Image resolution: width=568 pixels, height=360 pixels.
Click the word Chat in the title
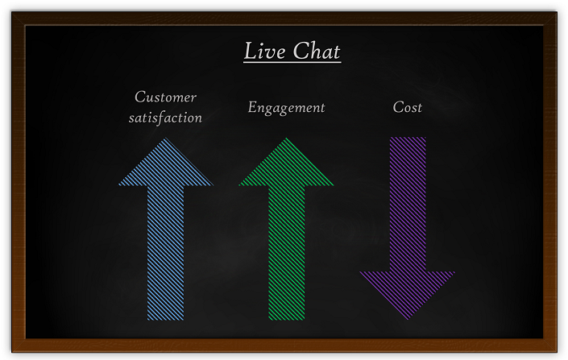[317, 51]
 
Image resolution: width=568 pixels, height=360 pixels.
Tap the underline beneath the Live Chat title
[292, 62]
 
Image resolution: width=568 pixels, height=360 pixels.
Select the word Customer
[165, 97]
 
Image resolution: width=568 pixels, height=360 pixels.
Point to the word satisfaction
[165, 118]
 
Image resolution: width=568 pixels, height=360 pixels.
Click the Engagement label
[287, 108]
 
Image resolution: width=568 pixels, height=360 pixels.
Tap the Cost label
[408, 107]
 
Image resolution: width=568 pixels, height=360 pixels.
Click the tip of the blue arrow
[165, 138]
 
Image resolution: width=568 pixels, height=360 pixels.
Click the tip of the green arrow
[287, 138]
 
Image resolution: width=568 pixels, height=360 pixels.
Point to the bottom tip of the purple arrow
[408, 320]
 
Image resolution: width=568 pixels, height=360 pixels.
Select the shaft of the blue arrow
[165, 253]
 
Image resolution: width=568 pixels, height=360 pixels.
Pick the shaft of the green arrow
[287, 253]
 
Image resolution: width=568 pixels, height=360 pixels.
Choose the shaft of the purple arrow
[408, 205]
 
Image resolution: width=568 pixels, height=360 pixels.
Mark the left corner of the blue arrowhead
[118, 185]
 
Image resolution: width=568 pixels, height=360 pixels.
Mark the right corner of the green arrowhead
[334, 185]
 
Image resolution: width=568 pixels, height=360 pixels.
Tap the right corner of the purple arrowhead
[454, 272]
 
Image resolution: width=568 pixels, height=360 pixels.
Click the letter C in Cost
[398, 107]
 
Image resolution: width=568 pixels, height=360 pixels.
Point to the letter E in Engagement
[252, 107]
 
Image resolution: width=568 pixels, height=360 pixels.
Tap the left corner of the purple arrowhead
[360, 272]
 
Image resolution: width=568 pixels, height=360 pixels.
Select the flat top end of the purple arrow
[408, 138]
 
